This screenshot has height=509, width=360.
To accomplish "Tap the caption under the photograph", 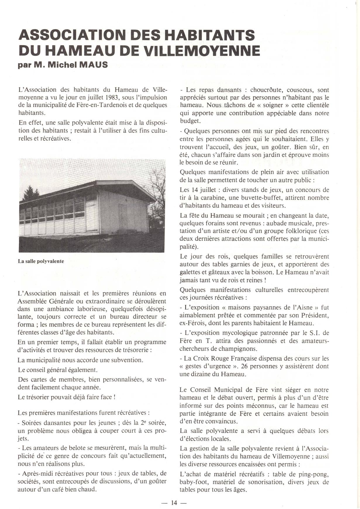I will [41, 261].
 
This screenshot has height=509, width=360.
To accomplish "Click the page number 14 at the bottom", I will [174, 503].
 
